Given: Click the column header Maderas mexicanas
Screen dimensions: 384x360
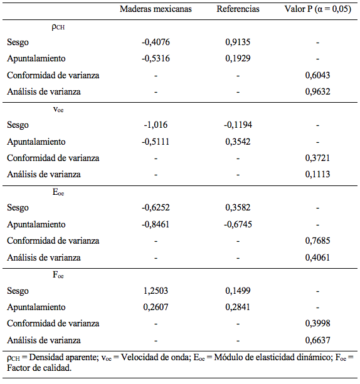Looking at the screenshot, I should (x=156, y=9).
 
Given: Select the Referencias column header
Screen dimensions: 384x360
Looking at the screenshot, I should (x=238, y=9).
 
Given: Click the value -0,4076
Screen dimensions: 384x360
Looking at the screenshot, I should (x=156, y=43).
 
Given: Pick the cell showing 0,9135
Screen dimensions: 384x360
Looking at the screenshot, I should (x=238, y=43).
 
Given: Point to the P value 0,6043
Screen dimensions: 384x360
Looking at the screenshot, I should (x=318, y=75).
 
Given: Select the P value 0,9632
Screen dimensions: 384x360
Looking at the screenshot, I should (x=318, y=91).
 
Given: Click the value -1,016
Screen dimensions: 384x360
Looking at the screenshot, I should (x=156, y=125).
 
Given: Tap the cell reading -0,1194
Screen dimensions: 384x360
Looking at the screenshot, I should (x=238, y=125).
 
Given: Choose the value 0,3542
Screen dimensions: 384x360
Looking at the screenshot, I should (x=238, y=142).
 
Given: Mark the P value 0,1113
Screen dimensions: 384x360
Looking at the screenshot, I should (x=318, y=174).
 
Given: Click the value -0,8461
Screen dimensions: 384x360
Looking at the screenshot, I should (x=156, y=224).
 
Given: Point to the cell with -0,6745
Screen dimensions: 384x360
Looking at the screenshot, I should (x=238, y=224).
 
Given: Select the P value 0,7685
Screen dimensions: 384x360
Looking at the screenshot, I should (x=318, y=241).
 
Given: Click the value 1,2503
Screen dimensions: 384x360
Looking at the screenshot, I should (x=156, y=291).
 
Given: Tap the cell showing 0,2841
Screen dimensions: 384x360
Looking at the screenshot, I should (x=238, y=307).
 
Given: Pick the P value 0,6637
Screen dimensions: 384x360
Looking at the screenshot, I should (x=318, y=340).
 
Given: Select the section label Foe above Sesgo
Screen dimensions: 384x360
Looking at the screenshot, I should (x=58, y=275).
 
